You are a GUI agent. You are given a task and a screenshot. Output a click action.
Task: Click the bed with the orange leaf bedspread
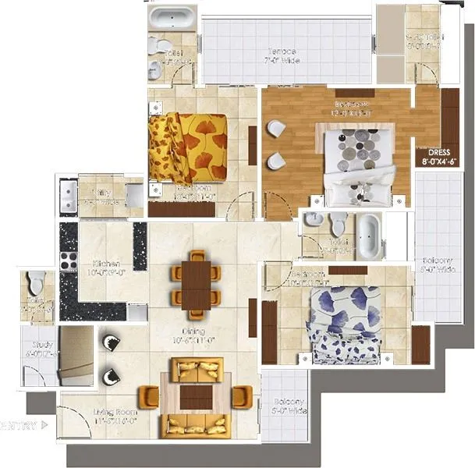190,147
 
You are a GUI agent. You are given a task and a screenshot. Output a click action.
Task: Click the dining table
196,284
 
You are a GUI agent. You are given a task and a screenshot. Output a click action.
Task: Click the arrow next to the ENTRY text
44,426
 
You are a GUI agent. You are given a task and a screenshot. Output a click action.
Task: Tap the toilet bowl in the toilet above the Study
36,281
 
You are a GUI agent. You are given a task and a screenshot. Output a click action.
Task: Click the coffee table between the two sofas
195,396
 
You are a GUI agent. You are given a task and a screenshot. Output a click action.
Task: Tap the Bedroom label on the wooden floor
346,107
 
